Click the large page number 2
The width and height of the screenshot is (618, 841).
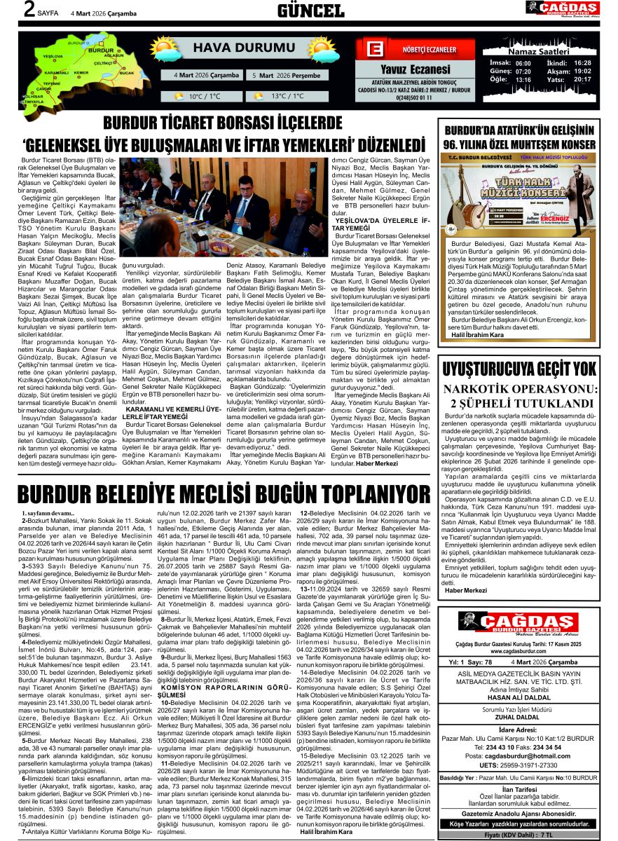(x=11, y=9)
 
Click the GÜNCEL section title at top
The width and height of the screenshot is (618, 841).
(x=310, y=10)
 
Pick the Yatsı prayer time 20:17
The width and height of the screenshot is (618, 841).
(x=582, y=80)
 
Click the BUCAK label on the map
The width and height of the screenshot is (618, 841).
(x=127, y=72)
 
